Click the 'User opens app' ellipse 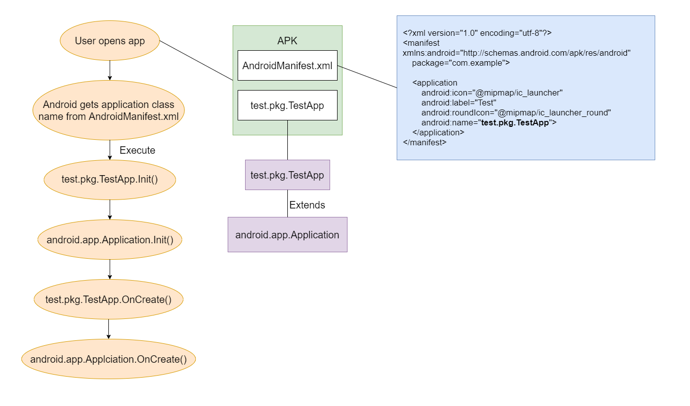click(x=110, y=40)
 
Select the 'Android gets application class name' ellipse click(x=108, y=110)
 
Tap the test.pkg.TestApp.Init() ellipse click(x=110, y=180)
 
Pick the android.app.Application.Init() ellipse click(x=110, y=239)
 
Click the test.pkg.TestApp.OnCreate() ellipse click(x=108, y=300)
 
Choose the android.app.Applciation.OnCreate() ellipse click(x=108, y=359)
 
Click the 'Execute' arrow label click(x=137, y=150)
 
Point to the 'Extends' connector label click(x=307, y=205)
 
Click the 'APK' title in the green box click(x=287, y=41)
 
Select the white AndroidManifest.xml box click(x=287, y=65)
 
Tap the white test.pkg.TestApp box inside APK click(x=287, y=105)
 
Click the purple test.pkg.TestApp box click(x=287, y=175)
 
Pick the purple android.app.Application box click(x=287, y=235)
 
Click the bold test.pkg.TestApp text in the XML click(x=515, y=123)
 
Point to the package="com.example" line click(x=461, y=63)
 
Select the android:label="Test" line click(x=459, y=102)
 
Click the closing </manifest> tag click(x=425, y=142)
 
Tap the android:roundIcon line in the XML click(x=516, y=113)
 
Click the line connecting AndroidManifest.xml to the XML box click(x=367, y=77)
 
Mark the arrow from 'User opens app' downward click(x=110, y=70)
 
